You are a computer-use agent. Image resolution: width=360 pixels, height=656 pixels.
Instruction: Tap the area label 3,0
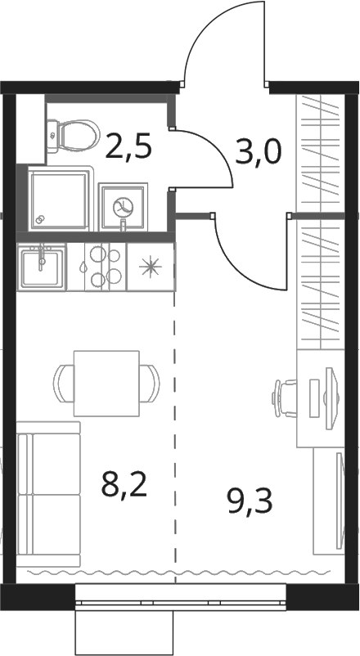[x=259, y=152]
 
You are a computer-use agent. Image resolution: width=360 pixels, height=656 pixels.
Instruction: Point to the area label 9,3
[x=250, y=501]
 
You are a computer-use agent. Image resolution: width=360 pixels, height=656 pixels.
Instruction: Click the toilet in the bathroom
[x=74, y=135]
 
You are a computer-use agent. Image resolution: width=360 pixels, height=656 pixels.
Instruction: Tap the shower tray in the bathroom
[x=59, y=198]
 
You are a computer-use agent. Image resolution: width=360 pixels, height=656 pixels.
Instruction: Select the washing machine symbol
[x=124, y=206]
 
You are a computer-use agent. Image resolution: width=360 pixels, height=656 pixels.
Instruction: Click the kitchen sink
[x=42, y=267]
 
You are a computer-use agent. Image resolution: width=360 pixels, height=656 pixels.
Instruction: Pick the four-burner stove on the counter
[x=106, y=267]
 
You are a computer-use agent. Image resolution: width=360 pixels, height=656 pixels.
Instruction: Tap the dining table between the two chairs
[x=106, y=384]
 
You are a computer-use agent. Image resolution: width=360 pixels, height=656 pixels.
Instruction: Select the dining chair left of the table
[x=64, y=384]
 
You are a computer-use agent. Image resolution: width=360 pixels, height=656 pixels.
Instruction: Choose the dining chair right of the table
[x=150, y=384]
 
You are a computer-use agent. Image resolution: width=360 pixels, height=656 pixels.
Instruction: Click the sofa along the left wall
[x=48, y=494]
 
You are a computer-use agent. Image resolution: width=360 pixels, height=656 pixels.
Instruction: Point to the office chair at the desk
[x=285, y=398]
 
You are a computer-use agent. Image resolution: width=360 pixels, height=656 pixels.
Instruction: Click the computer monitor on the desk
[x=331, y=398]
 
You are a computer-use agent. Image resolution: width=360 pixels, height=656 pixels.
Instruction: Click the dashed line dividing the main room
[x=175, y=437]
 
